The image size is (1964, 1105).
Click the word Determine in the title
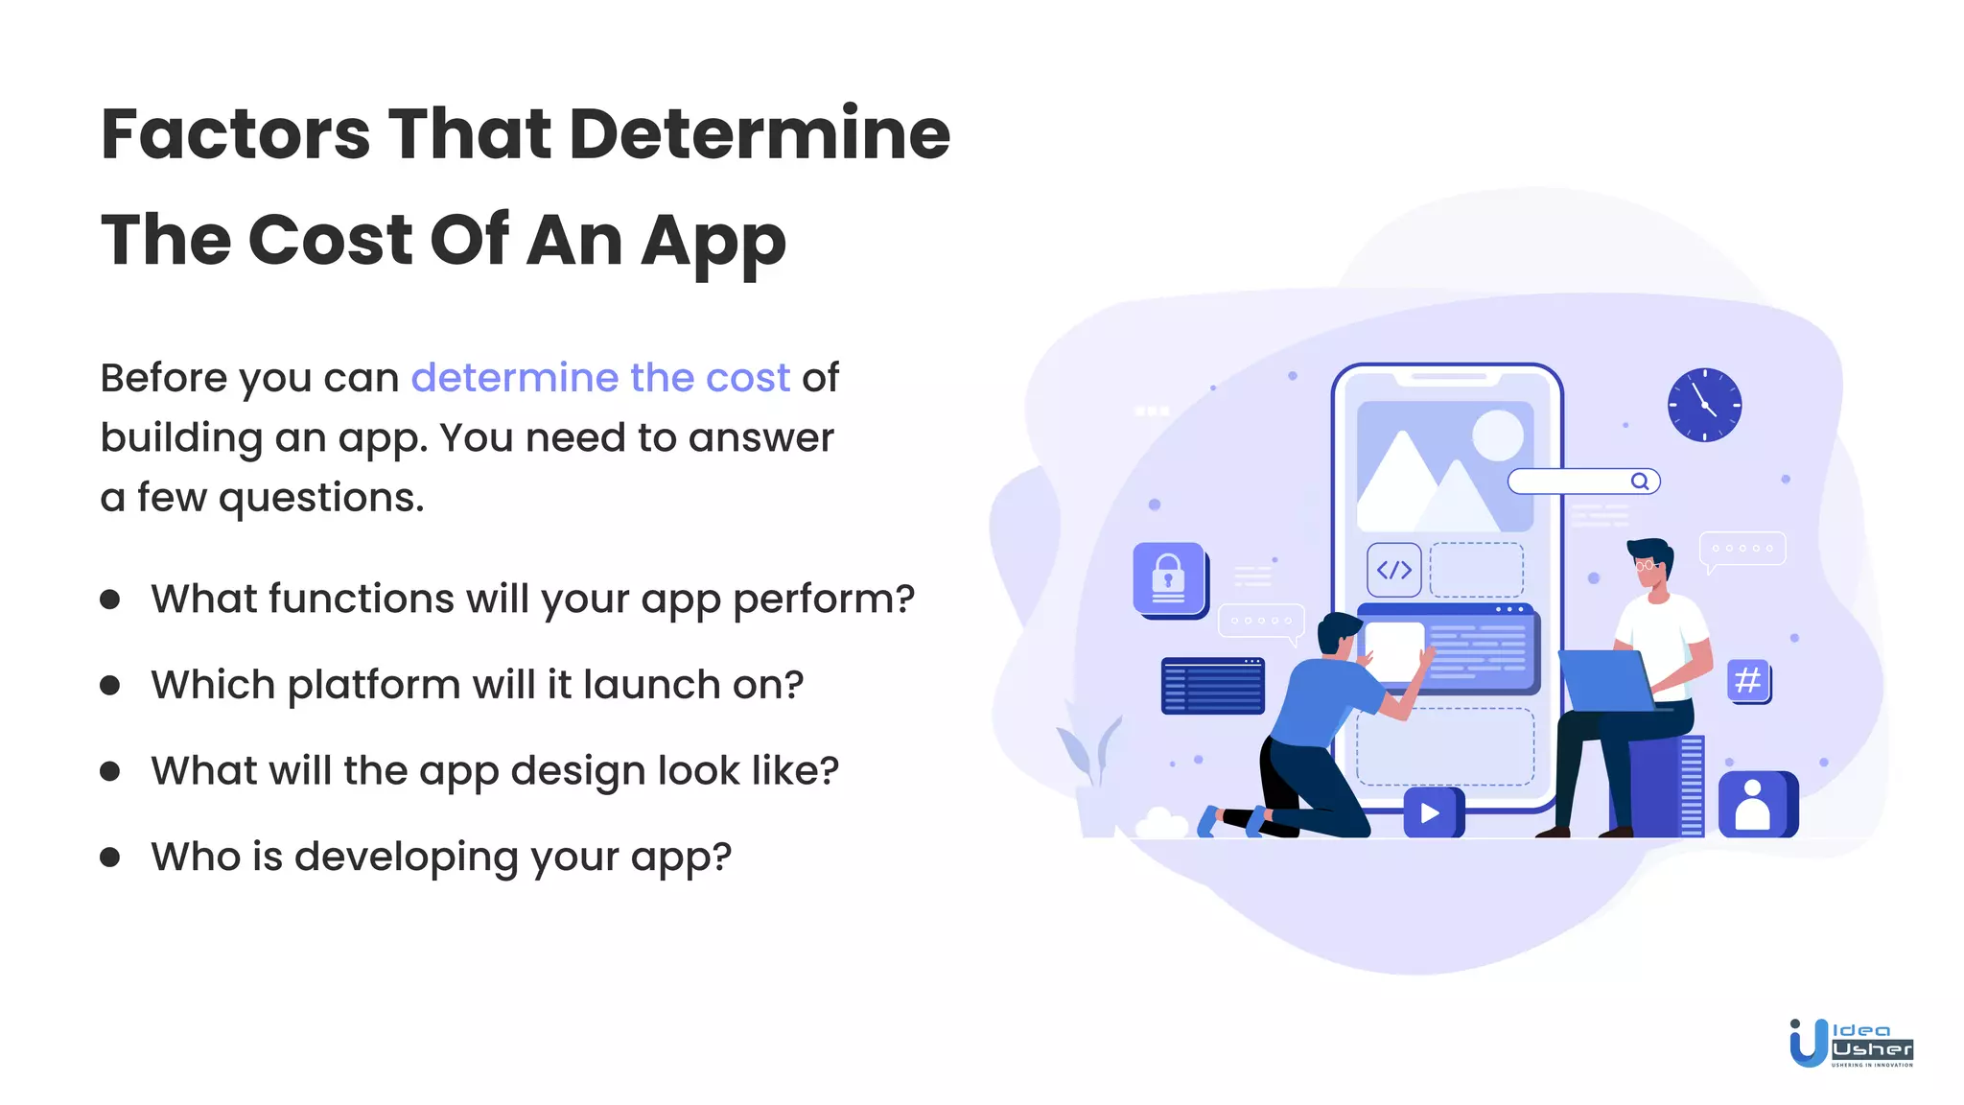759,133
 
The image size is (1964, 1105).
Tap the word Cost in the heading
330,240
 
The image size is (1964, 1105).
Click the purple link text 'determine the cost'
600,378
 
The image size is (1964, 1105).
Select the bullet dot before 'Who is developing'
110,857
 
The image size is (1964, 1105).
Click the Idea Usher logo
1851,1043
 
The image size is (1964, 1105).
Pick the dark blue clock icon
1704,405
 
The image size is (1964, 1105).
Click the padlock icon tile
1169,579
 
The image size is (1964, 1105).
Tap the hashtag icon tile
1748,680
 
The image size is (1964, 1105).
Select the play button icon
1431,813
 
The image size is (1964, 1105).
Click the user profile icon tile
1754,805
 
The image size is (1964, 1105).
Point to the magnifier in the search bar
1640,482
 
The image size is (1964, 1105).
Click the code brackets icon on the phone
1393,570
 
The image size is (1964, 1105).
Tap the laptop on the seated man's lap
1605,680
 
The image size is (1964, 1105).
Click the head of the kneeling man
1337,633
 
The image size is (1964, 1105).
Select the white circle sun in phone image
1497,435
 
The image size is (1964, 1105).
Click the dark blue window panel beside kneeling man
1212,686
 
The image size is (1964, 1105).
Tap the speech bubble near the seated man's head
1742,550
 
